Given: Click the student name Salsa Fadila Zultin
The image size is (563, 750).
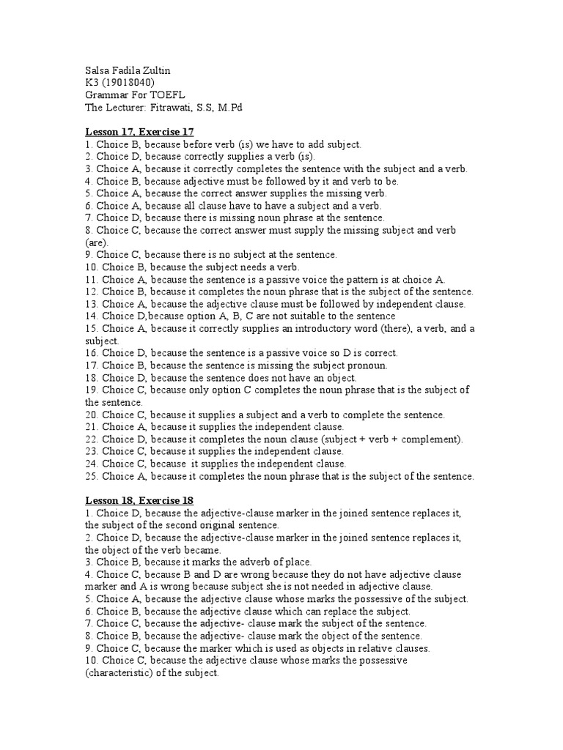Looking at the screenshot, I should [x=128, y=70].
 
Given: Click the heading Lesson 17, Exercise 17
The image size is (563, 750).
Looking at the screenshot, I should [x=139, y=131].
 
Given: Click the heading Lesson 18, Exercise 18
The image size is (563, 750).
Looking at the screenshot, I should [x=139, y=500].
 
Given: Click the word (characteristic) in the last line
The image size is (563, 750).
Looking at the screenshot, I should [x=121, y=672].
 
